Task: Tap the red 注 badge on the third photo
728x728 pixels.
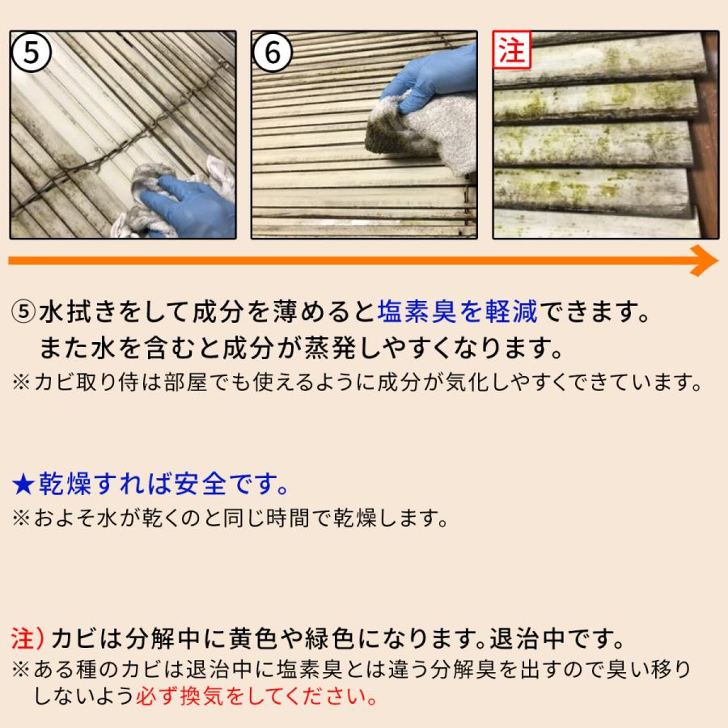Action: [x=512, y=51]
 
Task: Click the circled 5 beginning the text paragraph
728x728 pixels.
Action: [x=24, y=311]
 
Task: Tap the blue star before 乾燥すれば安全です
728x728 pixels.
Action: [x=24, y=485]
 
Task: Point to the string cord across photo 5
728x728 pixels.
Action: [x=121, y=146]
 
